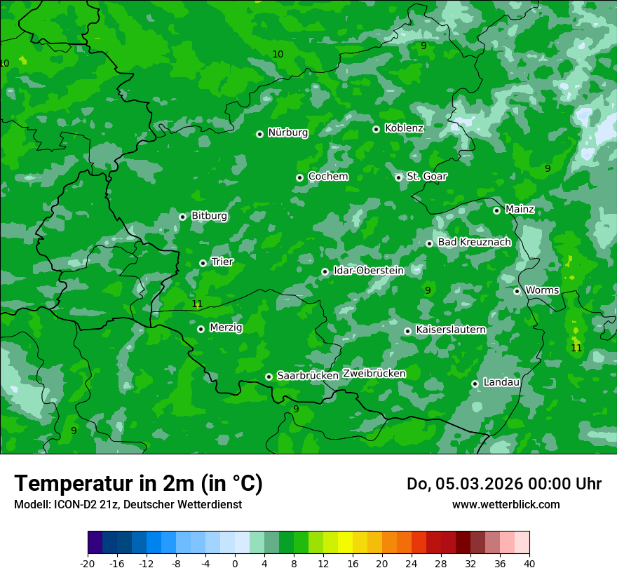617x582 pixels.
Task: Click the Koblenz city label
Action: tap(404, 128)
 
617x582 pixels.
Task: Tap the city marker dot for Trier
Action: tap(203, 263)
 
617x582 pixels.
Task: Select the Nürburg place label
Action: tap(287, 133)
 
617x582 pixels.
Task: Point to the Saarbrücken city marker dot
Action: tap(269, 377)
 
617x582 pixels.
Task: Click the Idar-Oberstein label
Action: tap(368, 271)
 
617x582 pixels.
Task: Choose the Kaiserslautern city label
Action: tap(450, 330)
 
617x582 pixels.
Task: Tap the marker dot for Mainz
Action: tap(496, 210)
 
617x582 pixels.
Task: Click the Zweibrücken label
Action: tap(374, 374)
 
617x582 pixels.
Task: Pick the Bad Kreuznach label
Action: tap(474, 242)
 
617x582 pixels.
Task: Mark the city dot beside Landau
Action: tap(475, 384)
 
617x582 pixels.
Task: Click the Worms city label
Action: tap(542, 290)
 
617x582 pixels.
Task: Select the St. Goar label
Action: tap(426, 177)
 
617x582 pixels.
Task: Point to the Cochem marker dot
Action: tap(300, 177)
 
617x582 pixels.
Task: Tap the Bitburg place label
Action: tap(209, 216)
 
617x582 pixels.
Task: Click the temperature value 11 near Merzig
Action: tap(197, 304)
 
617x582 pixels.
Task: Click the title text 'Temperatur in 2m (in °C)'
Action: tap(138, 483)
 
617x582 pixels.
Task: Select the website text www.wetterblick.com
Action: tap(506, 504)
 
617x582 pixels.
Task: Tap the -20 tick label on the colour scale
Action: tap(87, 563)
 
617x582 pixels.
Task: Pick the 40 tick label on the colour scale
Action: tap(529, 563)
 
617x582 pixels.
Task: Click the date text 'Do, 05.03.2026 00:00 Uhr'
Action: tap(503, 484)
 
